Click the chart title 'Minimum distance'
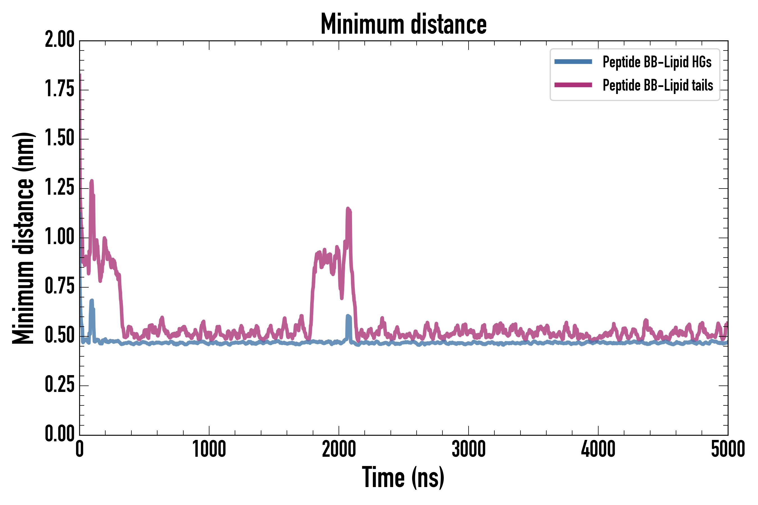403,24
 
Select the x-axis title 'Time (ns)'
403,478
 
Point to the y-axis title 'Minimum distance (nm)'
23,238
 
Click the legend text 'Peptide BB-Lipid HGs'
657,62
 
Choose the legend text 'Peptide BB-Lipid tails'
658,85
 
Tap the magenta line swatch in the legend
573,85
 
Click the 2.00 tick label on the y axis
60,40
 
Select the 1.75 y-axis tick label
60,89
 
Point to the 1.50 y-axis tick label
60,139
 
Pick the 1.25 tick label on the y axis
60,188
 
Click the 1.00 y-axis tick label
60,238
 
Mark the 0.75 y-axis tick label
60,287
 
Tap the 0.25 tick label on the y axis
60,385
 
